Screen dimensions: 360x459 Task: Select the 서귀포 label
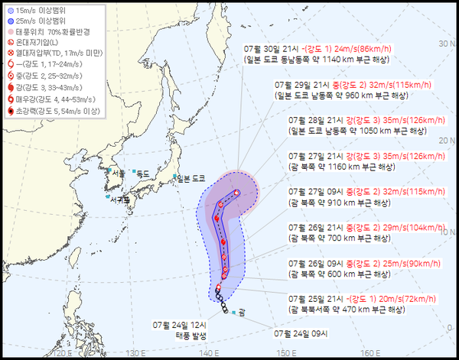coord(119,200)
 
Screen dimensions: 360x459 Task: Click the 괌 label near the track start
coord(242,312)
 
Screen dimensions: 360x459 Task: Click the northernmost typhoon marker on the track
coord(237,193)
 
